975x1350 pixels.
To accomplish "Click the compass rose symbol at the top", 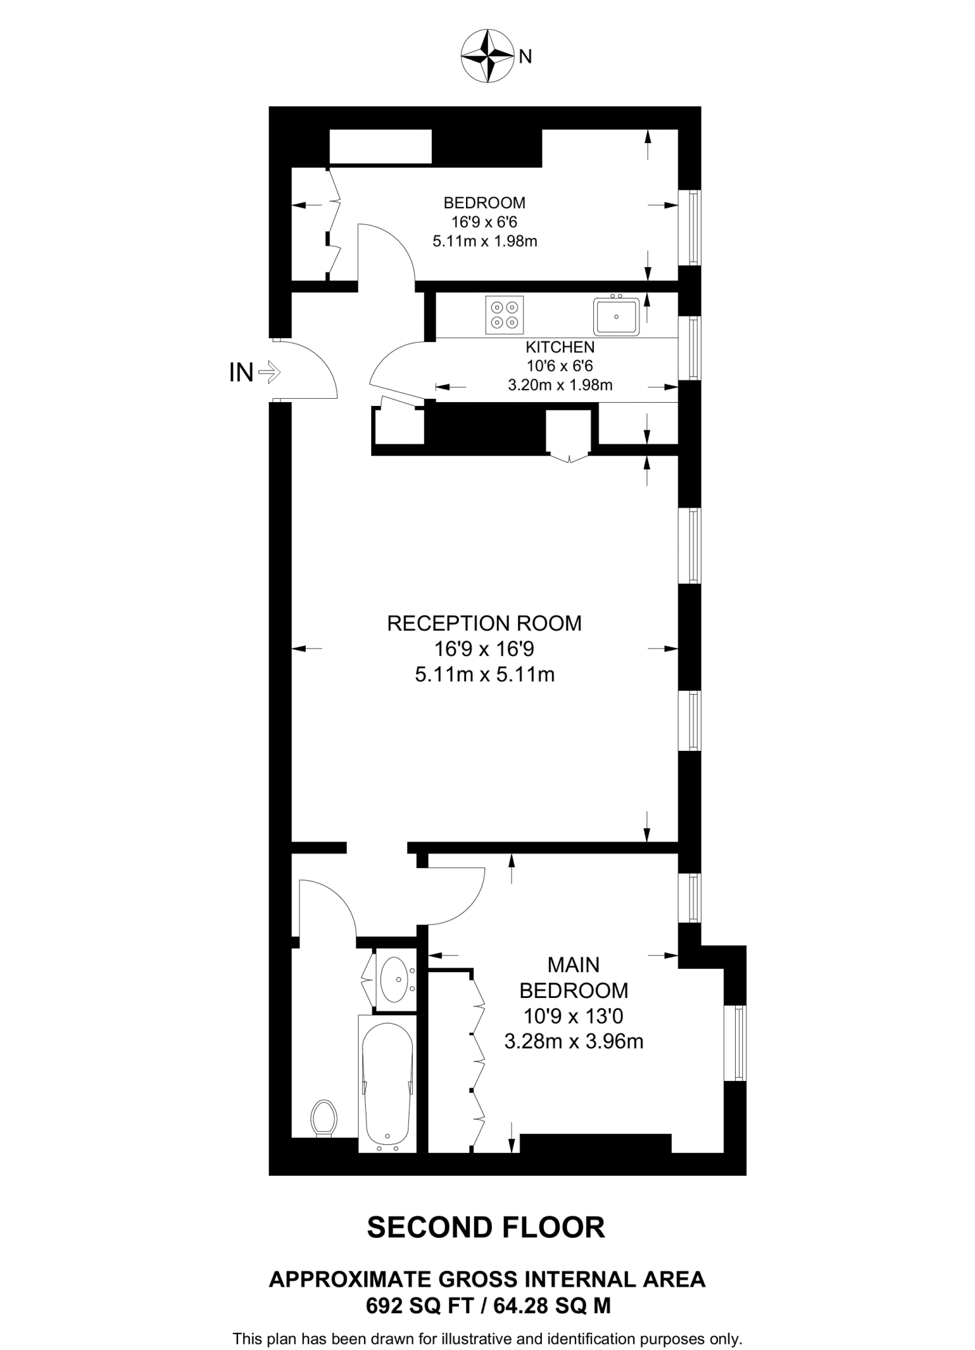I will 487,56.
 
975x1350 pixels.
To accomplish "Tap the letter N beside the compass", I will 525,57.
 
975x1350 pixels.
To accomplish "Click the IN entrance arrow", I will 269,373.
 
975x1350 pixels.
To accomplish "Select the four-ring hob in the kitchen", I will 504,315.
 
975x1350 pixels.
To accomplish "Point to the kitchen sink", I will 616,316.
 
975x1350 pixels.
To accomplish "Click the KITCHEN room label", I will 560,347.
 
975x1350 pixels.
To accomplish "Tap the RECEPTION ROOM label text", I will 484,624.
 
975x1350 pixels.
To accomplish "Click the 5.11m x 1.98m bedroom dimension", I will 485,241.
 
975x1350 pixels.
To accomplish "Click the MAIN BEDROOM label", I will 574,978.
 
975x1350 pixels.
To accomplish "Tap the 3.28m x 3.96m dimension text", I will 574,1042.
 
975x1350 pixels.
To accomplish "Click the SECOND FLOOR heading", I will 486,1227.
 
